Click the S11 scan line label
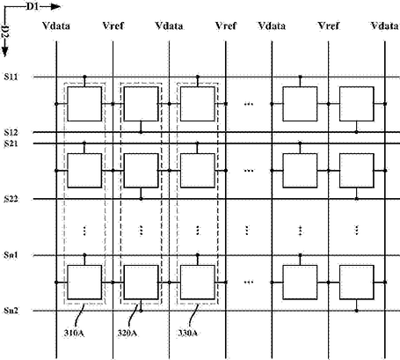11,77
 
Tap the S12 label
11,133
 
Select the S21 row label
11,143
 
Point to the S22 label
11,199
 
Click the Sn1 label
11,255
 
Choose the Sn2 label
11,311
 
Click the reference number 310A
75,334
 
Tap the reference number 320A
127,334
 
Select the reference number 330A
188,334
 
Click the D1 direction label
33,6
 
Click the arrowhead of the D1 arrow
55,7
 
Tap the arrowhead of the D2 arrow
5,52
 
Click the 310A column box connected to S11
84,104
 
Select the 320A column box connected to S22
142,171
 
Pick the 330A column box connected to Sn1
198,283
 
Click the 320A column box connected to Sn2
142,283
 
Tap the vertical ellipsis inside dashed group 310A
84,231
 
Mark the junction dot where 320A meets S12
141,132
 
